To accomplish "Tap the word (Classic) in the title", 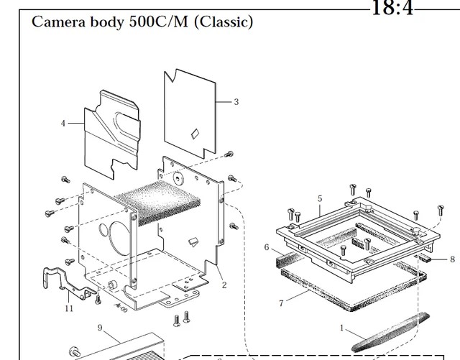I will [x=225, y=22].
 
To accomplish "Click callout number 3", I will [x=236, y=102].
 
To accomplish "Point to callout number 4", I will [x=63, y=124].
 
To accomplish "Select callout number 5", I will [x=320, y=198].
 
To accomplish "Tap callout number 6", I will [x=267, y=247].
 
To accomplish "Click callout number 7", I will [x=281, y=303].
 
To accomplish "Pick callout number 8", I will [x=452, y=259].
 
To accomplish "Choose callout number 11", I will [x=70, y=308].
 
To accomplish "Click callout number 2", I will [x=224, y=285].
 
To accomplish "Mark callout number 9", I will [x=101, y=330].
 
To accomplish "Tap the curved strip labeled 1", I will [x=388, y=332].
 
